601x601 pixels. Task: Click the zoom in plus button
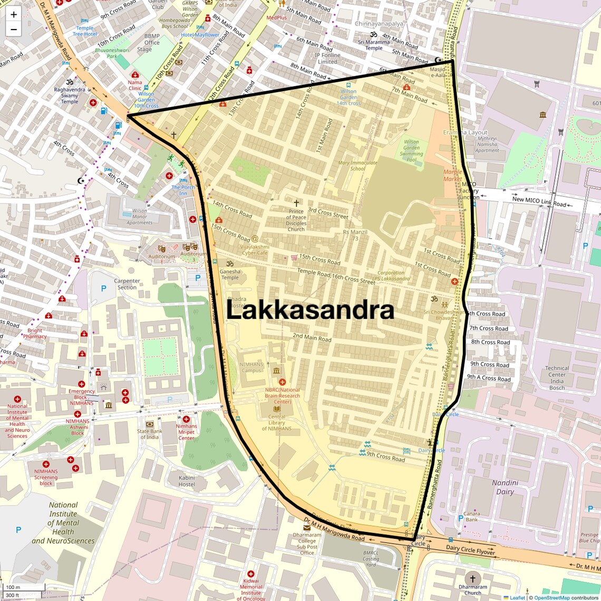point(14,15)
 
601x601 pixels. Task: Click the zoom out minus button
point(14,30)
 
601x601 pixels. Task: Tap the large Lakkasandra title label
point(310,311)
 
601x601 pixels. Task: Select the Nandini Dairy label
point(505,487)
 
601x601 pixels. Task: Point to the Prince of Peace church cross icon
point(296,203)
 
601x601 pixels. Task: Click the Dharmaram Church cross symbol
point(473,579)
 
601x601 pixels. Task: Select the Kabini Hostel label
point(187,481)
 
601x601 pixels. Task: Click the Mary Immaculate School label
point(357,166)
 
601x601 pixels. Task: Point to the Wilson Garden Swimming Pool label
point(411,151)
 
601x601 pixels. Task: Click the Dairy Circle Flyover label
point(471,550)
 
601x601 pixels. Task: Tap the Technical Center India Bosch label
point(557,377)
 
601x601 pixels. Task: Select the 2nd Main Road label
point(312,337)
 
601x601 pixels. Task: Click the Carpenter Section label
point(127,284)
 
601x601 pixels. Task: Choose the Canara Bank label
point(471,517)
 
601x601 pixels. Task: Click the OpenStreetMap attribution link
point(551,597)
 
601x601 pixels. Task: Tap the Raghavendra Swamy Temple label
point(70,95)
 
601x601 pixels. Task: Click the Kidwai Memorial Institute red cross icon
point(251,574)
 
